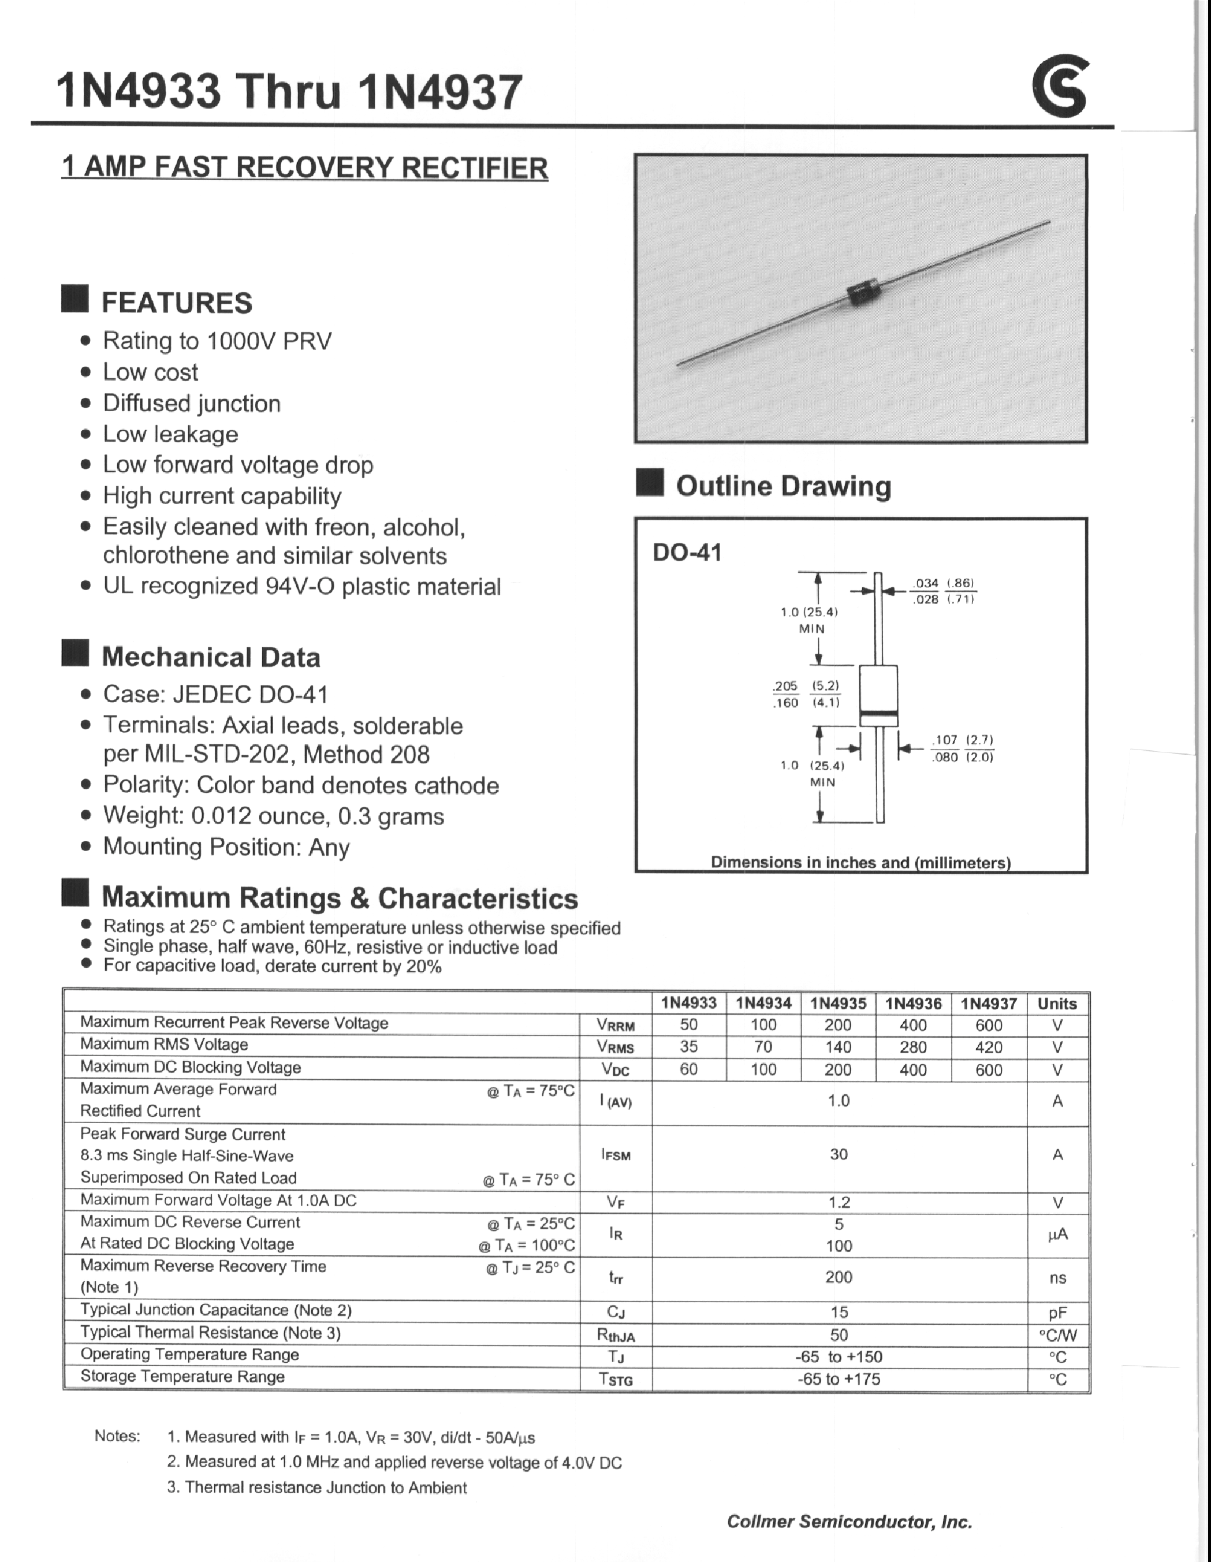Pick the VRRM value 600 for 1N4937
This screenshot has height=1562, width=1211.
[x=988, y=1025]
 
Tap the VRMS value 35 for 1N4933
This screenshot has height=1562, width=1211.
[x=688, y=1046]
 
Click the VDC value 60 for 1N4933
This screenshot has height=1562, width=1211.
[x=688, y=1069]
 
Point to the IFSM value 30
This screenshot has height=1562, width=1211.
[x=839, y=1154]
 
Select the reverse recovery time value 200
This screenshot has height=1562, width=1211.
[x=839, y=1277]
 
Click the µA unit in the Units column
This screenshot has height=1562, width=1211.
[x=1057, y=1234]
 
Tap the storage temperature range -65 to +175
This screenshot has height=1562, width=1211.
[x=839, y=1379]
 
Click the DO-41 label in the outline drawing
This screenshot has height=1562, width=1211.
[x=687, y=552]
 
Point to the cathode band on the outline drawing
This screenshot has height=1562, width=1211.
[x=878, y=716]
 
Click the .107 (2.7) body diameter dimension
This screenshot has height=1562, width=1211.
[x=962, y=740]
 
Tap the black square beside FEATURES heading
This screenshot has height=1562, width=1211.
[x=75, y=299]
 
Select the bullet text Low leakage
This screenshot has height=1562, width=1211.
[x=170, y=434]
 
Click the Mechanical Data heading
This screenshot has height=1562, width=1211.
[x=210, y=657]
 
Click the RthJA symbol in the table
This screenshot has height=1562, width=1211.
[x=616, y=1335]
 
